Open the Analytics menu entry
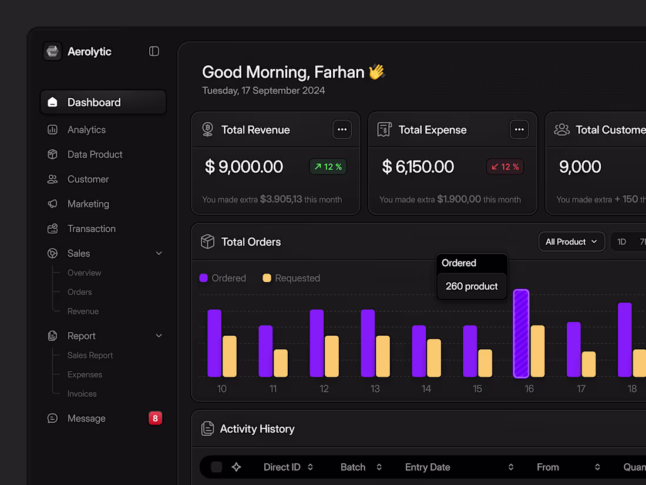coord(86,130)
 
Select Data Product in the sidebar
coord(95,155)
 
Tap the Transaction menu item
coord(91,229)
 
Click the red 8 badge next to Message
coord(155,419)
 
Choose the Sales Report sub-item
coord(90,355)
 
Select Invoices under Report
coord(82,394)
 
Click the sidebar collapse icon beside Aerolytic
coord(154,52)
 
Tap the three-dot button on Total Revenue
coord(342,130)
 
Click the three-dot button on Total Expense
coord(519,130)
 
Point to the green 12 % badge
coord(328,167)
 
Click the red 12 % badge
coord(505,167)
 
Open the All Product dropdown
coord(571,242)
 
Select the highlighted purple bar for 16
coord(521,333)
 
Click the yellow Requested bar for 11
coord(281,363)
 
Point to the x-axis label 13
coord(375,389)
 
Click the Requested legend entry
coord(291,278)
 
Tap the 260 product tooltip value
coord(472,286)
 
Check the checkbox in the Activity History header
coord(217,467)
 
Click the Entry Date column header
coord(428,467)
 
